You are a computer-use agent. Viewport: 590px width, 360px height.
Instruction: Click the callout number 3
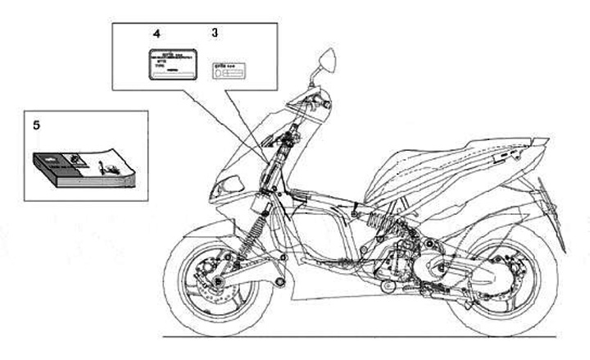215,34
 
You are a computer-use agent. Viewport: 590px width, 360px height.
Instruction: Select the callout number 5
36,125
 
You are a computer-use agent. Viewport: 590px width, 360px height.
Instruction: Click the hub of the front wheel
219,284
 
